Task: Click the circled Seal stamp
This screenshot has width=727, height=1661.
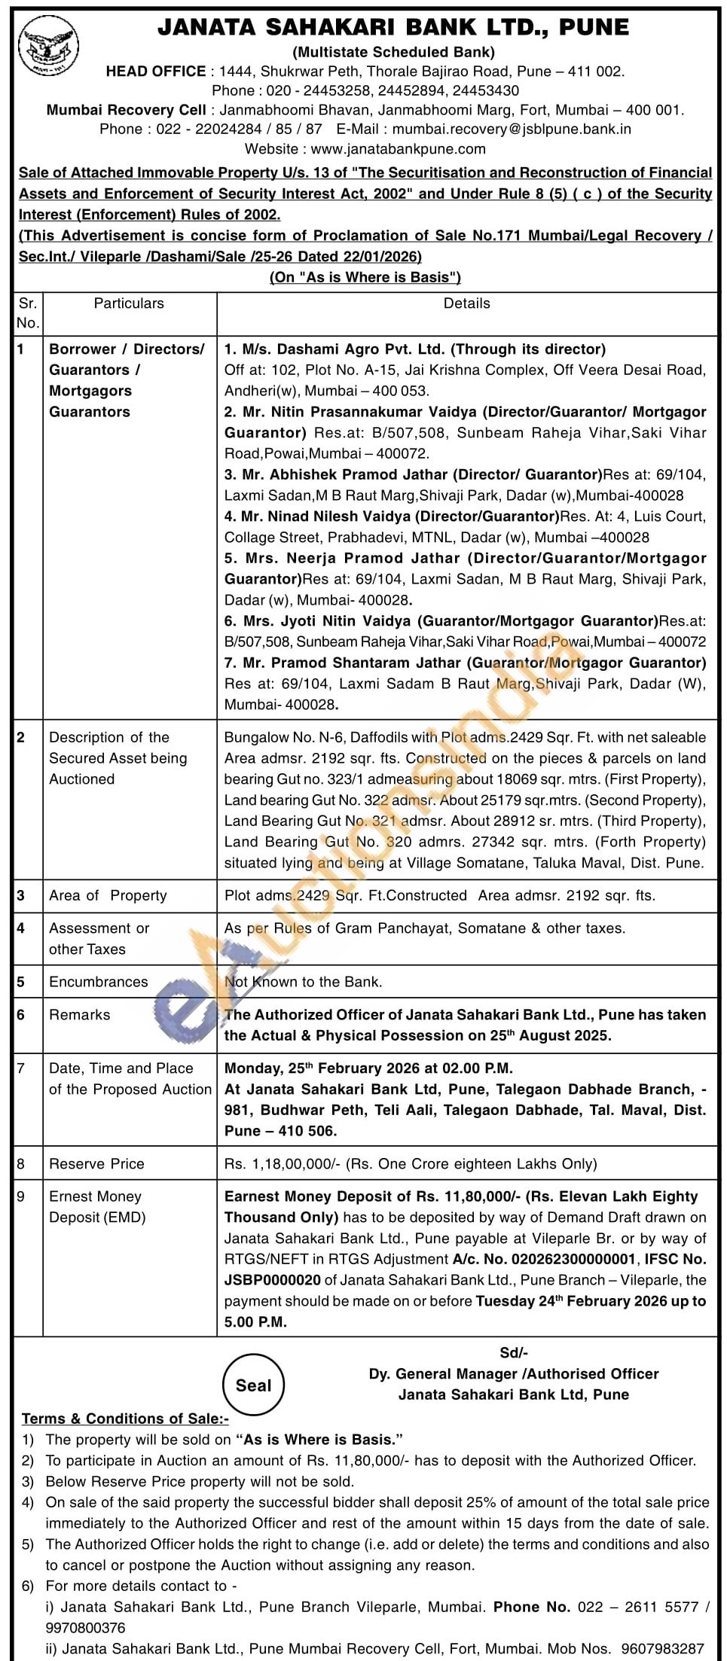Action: pyautogui.click(x=253, y=1385)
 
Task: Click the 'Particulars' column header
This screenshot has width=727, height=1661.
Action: pyautogui.click(x=129, y=303)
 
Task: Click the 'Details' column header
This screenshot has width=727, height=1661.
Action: pyautogui.click(x=467, y=303)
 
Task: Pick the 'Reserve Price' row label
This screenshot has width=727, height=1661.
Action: pyautogui.click(x=96, y=1164)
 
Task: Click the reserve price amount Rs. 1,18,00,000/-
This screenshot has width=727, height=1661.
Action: pyautogui.click(x=283, y=1164)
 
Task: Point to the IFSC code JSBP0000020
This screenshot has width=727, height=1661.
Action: pyautogui.click(x=283, y=1280)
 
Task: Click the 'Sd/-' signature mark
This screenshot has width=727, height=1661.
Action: pyautogui.click(x=514, y=1353)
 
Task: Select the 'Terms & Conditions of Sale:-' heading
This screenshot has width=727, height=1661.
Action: pyautogui.click(x=115, y=1419)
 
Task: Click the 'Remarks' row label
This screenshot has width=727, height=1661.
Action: pyautogui.click(x=80, y=1015)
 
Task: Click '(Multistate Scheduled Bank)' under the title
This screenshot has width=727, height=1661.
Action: pyautogui.click(x=393, y=52)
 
